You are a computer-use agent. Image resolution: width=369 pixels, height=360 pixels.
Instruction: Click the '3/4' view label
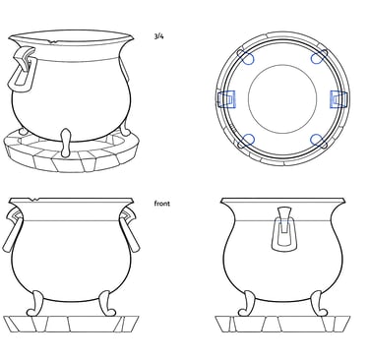click(x=158, y=36)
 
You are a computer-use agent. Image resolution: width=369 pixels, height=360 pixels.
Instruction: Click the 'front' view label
click(x=162, y=204)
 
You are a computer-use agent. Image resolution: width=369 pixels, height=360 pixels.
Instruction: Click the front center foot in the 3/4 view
click(x=66, y=143)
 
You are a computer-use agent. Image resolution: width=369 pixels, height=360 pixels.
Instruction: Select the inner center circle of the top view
click(x=282, y=99)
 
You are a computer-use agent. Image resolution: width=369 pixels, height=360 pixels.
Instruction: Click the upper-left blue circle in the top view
click(x=248, y=58)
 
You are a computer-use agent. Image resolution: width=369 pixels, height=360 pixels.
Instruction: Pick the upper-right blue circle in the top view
click(x=317, y=58)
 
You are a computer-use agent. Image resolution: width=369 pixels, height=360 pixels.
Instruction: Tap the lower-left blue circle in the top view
click(x=248, y=140)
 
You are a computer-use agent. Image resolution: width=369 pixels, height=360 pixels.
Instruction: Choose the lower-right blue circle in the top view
click(x=317, y=140)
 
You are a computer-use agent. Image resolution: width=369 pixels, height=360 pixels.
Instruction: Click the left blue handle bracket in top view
click(x=226, y=99)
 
